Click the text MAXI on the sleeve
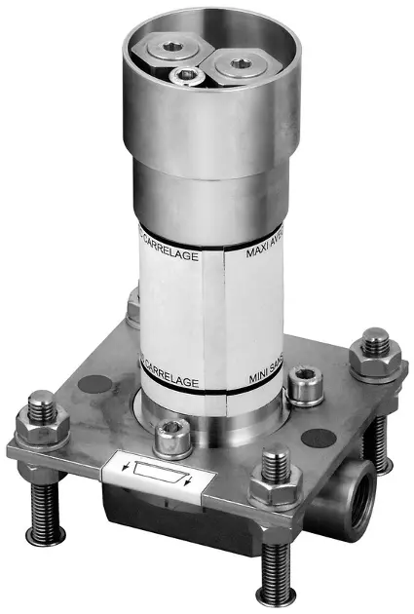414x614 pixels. (x=255, y=256)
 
